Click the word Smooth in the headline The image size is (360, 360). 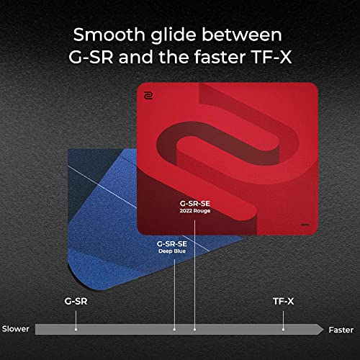[109, 35]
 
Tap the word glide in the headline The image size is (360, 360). [174, 36]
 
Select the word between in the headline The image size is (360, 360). [242, 35]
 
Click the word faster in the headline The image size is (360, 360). [220, 57]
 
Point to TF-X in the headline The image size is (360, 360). [271, 57]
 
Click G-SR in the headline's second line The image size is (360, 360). [91, 57]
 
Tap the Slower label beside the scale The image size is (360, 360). [16, 329]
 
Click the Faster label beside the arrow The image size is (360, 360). [341, 330]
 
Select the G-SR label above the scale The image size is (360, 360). [76, 301]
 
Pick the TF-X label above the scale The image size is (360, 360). [284, 301]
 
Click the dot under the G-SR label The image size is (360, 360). [76, 330]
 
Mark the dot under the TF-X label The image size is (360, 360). [283, 330]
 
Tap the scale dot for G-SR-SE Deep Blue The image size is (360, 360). [174, 330]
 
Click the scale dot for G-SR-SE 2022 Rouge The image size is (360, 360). [194, 330]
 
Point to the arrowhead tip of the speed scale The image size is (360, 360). [323, 329]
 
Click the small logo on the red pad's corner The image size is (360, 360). [148, 96]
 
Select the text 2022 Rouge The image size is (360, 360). [195, 211]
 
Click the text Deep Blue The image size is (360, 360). [172, 251]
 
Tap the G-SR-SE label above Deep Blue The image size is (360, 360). [172, 244]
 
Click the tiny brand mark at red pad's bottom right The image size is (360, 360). [305, 225]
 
